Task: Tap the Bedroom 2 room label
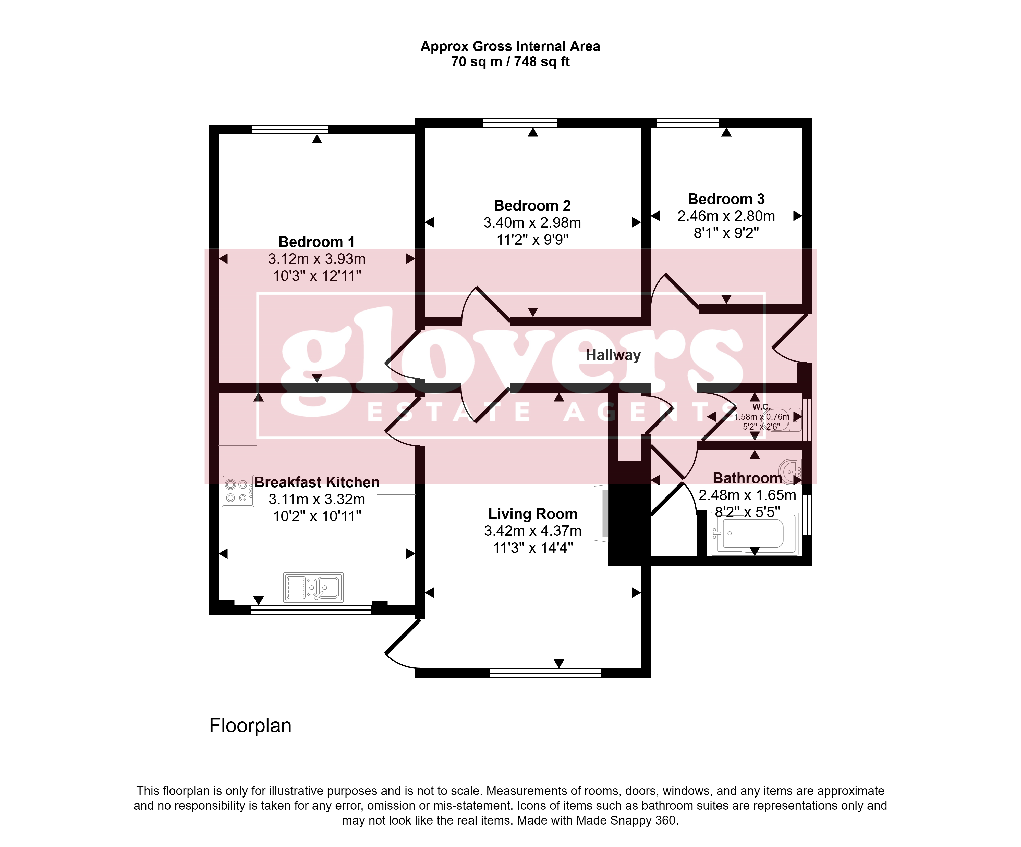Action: [532, 206]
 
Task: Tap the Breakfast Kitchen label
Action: [317, 482]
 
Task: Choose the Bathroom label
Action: [747, 478]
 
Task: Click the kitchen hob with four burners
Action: [238, 491]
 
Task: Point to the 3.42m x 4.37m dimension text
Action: [533, 531]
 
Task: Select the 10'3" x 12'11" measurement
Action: [317, 276]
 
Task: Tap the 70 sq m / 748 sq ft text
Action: [510, 62]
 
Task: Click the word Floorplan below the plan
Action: [250, 726]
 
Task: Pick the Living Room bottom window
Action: [545, 673]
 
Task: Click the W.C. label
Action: [761, 407]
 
